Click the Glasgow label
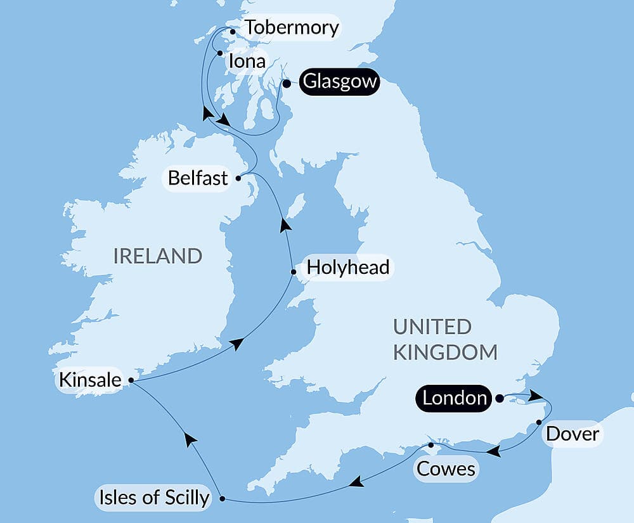point(339,82)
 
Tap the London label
point(455,398)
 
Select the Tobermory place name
point(291,28)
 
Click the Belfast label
point(197,178)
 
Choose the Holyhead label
point(347,267)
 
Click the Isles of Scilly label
point(153,498)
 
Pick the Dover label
point(573,434)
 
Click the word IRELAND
point(157,256)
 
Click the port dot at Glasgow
point(287,83)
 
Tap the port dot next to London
point(499,398)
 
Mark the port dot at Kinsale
point(131,380)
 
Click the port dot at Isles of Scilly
point(222,499)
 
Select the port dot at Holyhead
point(293,273)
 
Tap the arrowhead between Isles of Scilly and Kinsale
point(187,438)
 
